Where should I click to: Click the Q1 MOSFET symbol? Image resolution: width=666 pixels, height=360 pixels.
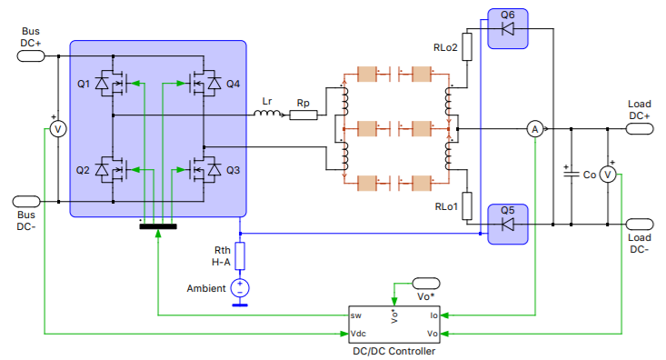[111, 85]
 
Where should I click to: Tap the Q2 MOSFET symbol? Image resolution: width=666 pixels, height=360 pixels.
[111, 169]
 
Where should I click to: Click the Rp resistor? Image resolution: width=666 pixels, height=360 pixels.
[303, 115]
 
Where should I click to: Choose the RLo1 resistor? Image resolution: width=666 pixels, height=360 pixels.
[468, 206]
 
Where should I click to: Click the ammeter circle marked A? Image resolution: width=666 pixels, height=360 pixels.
[534, 130]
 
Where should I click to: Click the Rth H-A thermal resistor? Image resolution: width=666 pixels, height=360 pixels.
[240, 255]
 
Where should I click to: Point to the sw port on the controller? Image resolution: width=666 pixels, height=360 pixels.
[357, 315]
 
